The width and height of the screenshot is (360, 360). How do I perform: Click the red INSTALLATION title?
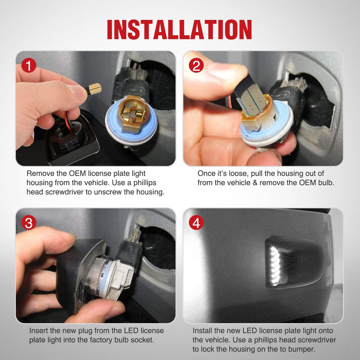[179, 30]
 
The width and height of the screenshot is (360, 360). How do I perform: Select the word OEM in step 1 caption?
[77, 173]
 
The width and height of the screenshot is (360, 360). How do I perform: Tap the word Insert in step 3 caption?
[39, 331]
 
